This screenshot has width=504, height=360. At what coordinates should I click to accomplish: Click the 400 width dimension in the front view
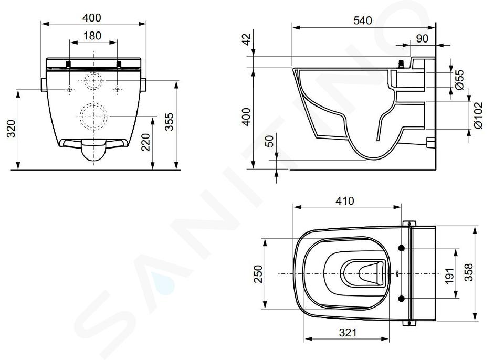point(91,18)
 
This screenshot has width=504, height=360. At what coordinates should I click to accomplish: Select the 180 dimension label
point(92,36)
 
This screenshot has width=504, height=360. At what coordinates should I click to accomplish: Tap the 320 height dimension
point(11,129)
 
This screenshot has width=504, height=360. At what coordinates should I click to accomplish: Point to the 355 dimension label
point(169,121)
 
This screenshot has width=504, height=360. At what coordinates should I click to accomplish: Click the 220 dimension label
point(145,142)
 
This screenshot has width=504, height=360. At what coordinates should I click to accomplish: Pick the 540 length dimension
point(363,20)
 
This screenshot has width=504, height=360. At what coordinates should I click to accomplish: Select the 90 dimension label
point(422,38)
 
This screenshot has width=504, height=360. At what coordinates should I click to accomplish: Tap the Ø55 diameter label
point(460,79)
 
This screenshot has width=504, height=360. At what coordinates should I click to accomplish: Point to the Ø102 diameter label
point(478,115)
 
